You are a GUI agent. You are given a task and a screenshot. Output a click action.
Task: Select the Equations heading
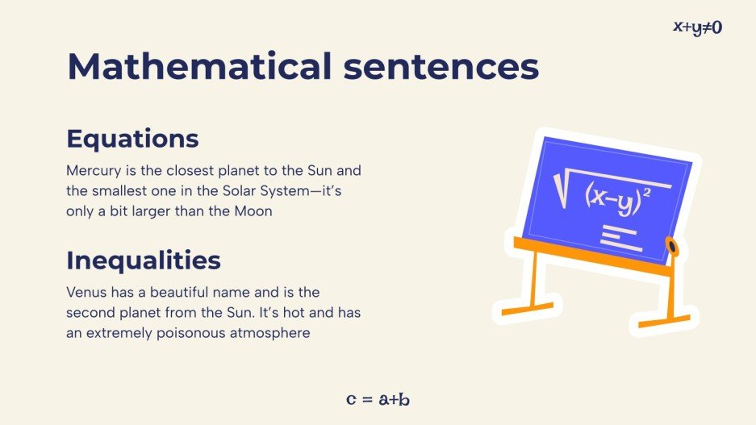132,139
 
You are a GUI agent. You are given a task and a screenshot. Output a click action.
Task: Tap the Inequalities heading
144,260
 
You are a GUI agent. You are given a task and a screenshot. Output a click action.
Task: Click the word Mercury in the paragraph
90,172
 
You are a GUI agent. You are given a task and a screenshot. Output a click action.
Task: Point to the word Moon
254,212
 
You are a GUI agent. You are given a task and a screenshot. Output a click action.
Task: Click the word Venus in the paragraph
85,291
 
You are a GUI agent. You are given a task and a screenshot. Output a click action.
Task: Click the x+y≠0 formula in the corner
698,27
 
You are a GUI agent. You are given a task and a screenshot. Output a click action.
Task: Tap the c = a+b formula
378,399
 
